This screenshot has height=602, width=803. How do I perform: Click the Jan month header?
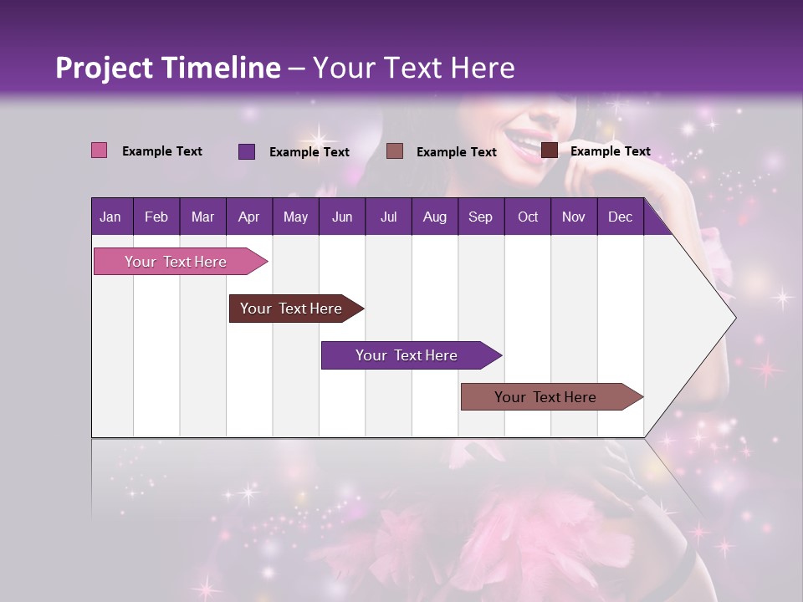pyautogui.click(x=110, y=217)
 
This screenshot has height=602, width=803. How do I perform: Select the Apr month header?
pyautogui.click(x=248, y=217)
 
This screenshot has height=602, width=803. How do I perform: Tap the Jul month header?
pyautogui.click(x=388, y=217)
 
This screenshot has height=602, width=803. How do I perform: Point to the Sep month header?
pyautogui.click(x=480, y=217)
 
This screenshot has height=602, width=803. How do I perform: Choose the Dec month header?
pyautogui.click(x=620, y=217)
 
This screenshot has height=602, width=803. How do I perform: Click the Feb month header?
pyautogui.click(x=156, y=217)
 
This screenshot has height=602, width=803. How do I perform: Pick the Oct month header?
pyautogui.click(x=528, y=217)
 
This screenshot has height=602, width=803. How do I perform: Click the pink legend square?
pyautogui.click(x=100, y=150)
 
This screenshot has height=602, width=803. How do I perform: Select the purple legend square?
pyautogui.click(x=247, y=151)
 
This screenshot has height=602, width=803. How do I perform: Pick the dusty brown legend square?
pyautogui.click(x=395, y=150)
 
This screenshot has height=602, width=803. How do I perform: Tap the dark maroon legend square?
pyautogui.click(x=550, y=150)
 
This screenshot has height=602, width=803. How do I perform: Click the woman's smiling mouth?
pyautogui.click(x=532, y=140)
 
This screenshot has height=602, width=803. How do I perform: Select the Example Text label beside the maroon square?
pyautogui.click(x=610, y=151)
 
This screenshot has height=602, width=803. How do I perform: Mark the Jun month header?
pyautogui.click(x=342, y=217)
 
